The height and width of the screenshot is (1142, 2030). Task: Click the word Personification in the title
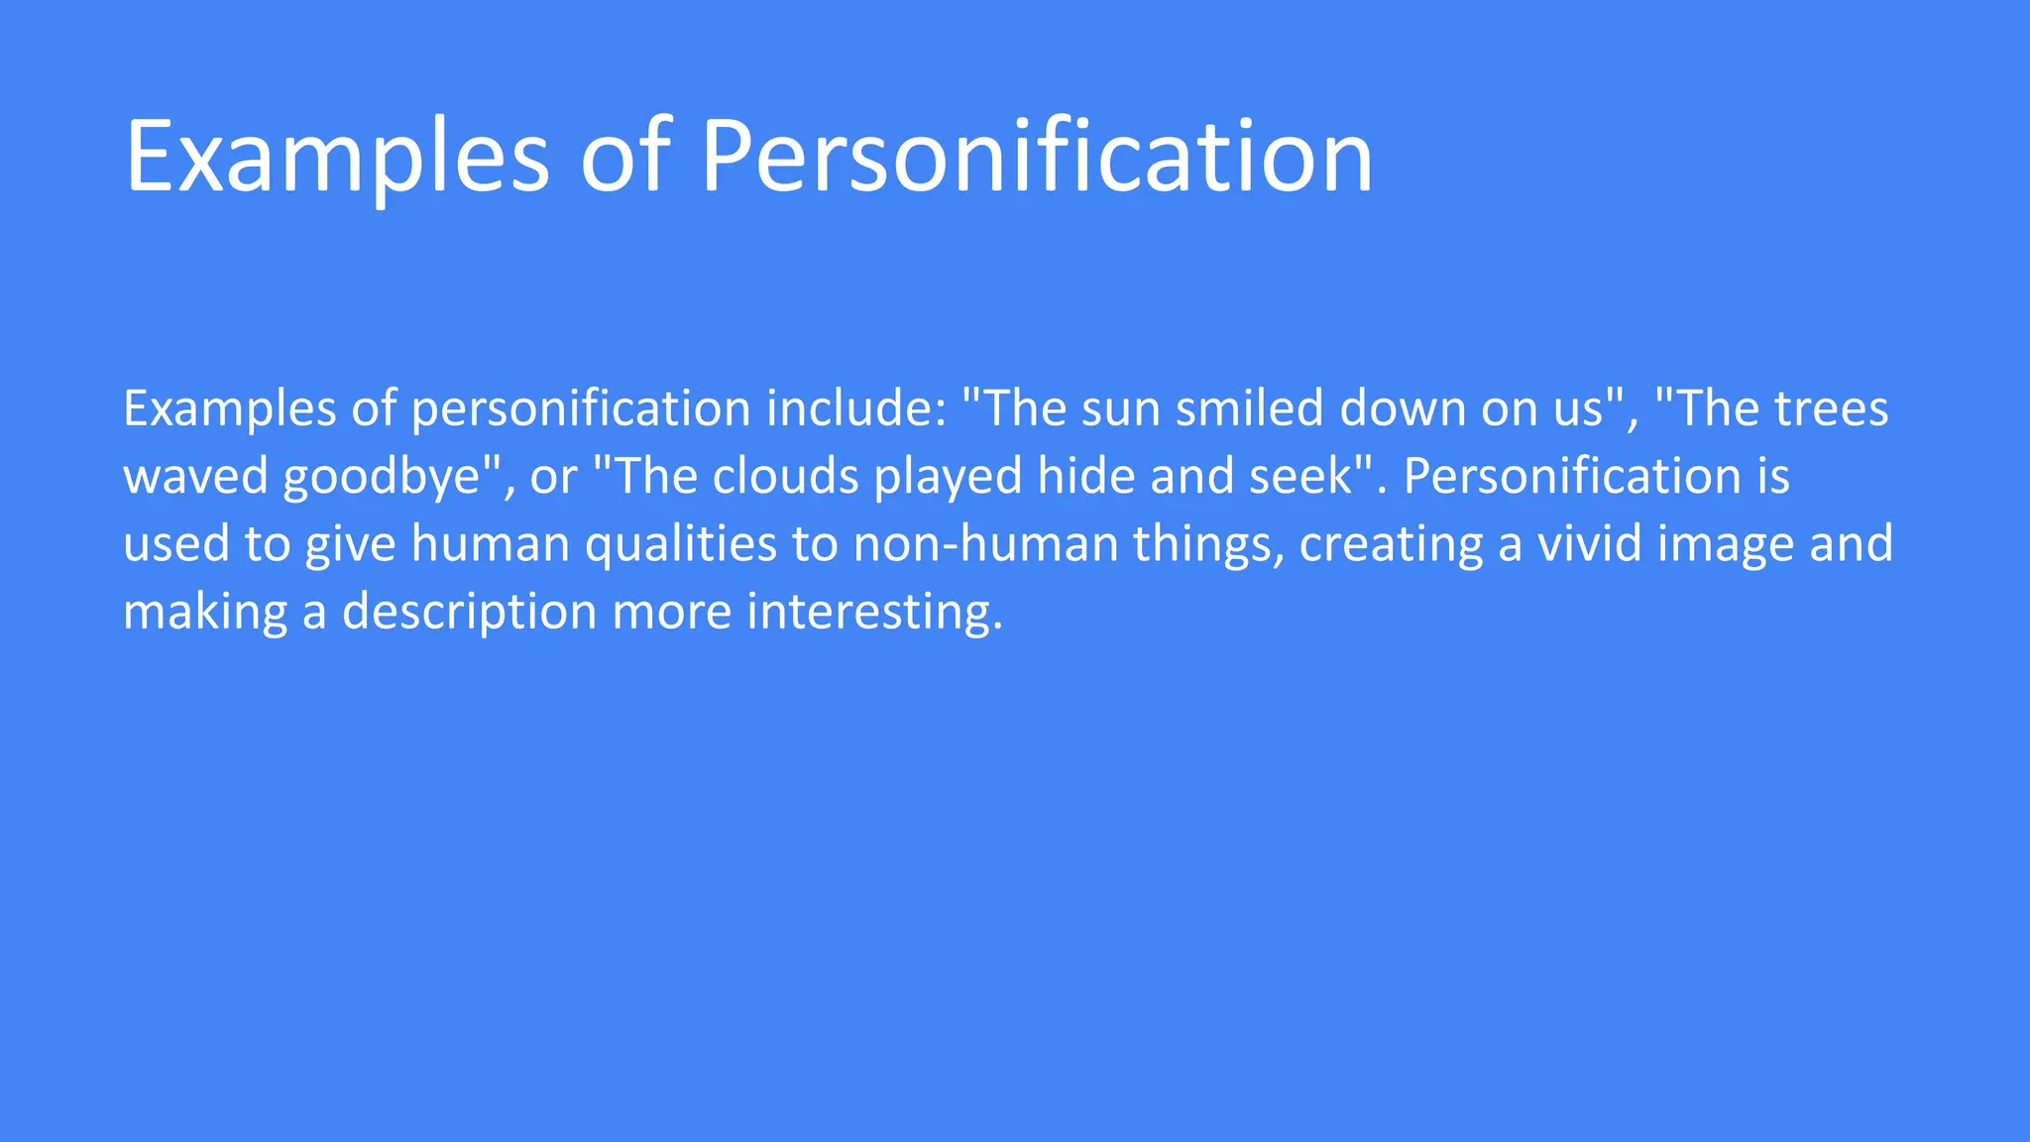[1036, 157]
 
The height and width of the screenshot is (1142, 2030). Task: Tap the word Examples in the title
[337, 157]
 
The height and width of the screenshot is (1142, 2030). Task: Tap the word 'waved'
[195, 476]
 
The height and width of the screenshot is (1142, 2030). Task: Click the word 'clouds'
[786, 476]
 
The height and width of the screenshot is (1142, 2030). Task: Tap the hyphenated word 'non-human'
[985, 543]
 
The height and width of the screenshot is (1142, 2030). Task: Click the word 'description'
[469, 613]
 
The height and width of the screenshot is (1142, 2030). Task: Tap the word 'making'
[205, 613]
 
